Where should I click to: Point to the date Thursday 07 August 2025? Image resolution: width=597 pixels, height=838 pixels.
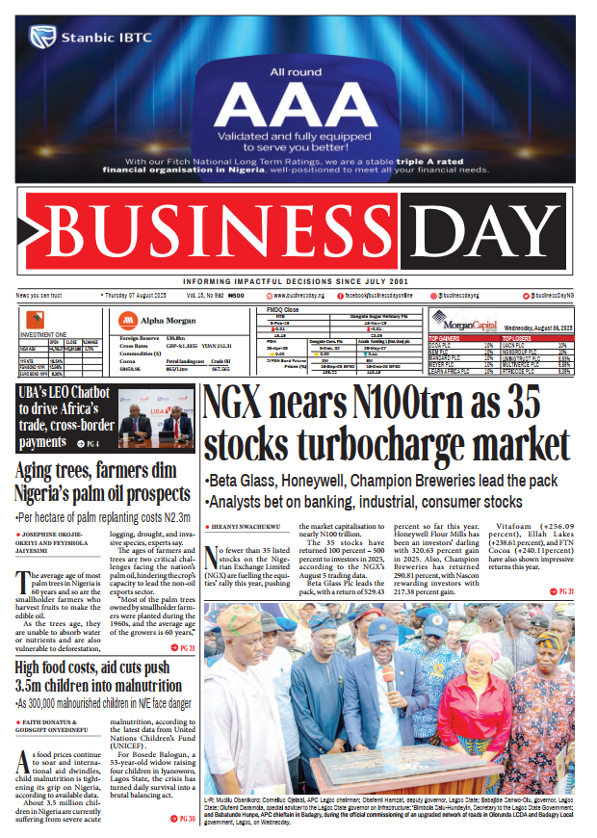(x=136, y=295)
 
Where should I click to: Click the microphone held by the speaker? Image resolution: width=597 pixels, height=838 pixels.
(x=387, y=675)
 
